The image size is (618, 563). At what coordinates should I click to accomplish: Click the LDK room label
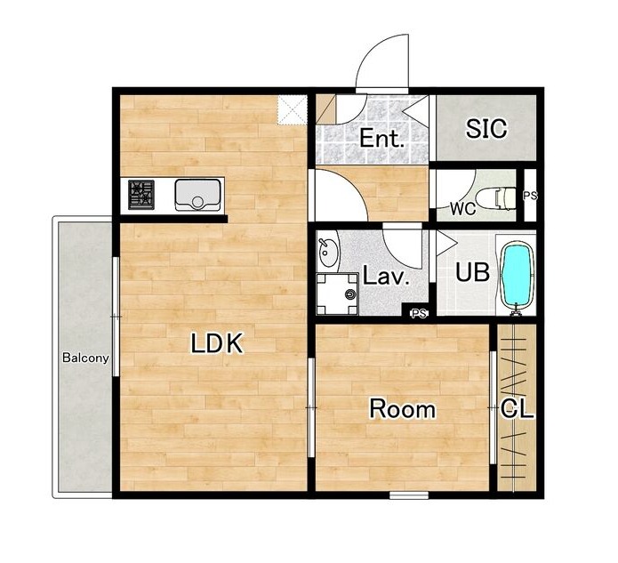[216, 343]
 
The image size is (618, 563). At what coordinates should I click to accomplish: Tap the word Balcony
[85, 358]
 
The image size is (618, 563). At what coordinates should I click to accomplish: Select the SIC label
[486, 129]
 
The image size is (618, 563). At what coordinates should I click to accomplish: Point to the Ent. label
[381, 139]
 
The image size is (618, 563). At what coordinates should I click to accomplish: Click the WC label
[463, 209]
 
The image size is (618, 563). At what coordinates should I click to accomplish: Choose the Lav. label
[385, 276]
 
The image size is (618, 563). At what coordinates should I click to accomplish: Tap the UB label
[472, 272]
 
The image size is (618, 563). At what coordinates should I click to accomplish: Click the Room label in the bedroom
[403, 409]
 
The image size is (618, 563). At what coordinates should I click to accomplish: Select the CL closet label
[517, 409]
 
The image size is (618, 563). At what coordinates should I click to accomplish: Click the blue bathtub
[517, 276]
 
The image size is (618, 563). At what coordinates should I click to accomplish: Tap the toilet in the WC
[496, 197]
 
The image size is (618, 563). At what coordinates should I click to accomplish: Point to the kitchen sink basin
[197, 195]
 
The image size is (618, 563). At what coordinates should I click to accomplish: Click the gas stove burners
[141, 195]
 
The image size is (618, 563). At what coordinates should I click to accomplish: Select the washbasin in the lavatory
[328, 253]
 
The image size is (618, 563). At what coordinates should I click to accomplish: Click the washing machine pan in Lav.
[337, 294]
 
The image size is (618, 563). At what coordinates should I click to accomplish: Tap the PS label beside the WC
[530, 196]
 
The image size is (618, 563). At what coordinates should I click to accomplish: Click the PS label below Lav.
[420, 314]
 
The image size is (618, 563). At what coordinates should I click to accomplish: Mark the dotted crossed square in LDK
[292, 110]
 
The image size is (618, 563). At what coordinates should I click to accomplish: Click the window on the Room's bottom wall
[409, 495]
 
